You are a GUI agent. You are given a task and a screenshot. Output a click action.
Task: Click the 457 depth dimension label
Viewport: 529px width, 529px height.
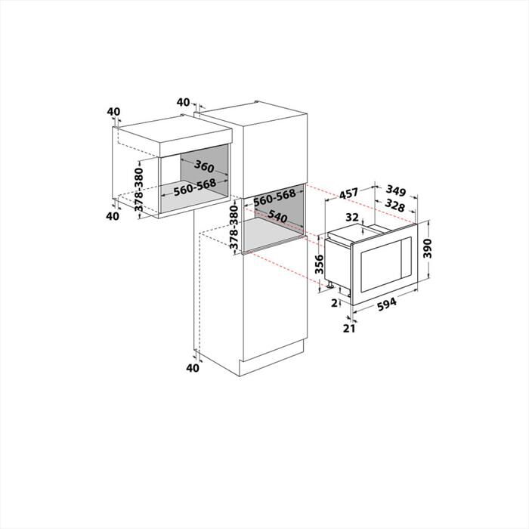(348, 193)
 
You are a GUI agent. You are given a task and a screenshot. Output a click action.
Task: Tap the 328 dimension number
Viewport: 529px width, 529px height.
(394, 206)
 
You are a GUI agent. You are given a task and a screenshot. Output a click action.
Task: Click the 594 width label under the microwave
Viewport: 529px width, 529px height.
(387, 303)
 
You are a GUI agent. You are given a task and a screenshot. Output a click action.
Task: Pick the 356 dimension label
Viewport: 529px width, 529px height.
(319, 264)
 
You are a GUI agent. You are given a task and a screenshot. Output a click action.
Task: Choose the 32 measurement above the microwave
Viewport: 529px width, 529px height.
(351, 216)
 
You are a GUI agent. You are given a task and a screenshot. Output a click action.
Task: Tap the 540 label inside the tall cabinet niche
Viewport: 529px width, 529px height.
(279, 217)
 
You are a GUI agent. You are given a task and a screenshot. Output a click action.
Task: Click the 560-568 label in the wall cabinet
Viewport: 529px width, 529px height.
(195, 190)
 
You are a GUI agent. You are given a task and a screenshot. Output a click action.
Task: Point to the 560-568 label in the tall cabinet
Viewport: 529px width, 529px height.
(274, 196)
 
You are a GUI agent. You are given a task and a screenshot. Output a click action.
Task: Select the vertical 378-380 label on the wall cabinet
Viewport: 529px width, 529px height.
(139, 190)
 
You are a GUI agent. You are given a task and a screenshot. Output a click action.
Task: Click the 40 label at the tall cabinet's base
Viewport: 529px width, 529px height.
(192, 367)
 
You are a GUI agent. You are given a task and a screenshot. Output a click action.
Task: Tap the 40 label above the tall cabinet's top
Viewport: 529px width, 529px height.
(183, 102)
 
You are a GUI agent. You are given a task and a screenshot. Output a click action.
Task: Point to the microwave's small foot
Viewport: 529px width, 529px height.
(330, 285)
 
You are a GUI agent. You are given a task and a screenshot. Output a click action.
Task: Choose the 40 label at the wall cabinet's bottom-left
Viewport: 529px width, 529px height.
(113, 216)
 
